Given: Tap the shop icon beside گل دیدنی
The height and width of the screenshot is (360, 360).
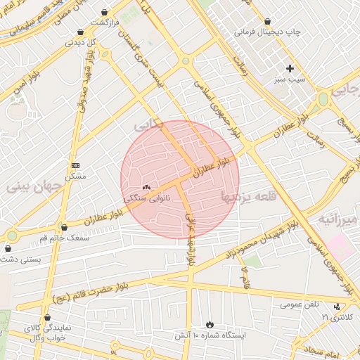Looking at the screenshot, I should [81, 32].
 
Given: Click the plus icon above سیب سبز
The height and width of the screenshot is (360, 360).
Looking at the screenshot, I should [290, 68].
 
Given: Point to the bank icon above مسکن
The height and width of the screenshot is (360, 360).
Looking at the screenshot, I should [75, 165].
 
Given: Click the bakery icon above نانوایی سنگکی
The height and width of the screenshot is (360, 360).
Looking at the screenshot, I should [146, 188].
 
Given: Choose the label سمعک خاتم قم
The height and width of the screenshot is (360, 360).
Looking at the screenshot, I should [64, 238].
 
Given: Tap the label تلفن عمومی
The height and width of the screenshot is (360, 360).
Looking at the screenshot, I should [300, 304].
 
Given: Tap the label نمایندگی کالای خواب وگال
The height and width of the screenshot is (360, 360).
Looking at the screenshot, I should [46, 333].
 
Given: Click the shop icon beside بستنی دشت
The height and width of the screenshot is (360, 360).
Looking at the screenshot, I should [8, 248].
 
